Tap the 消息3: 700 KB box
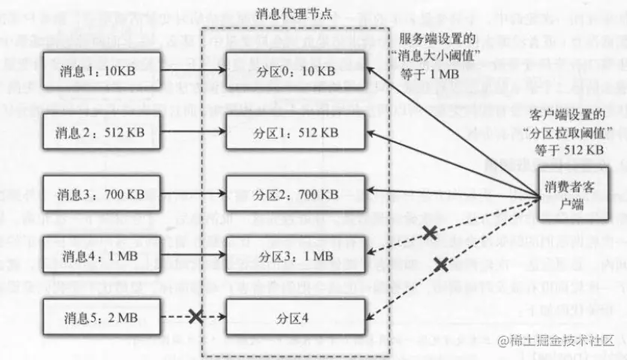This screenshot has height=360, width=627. click(x=101, y=193)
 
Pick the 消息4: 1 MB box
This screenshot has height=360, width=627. click(x=101, y=254)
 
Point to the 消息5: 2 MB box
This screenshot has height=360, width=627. click(x=101, y=316)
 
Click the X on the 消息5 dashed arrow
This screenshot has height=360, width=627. click(x=197, y=316)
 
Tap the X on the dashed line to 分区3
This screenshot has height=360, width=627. click(x=430, y=233)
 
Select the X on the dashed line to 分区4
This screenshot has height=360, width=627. click(x=441, y=263)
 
